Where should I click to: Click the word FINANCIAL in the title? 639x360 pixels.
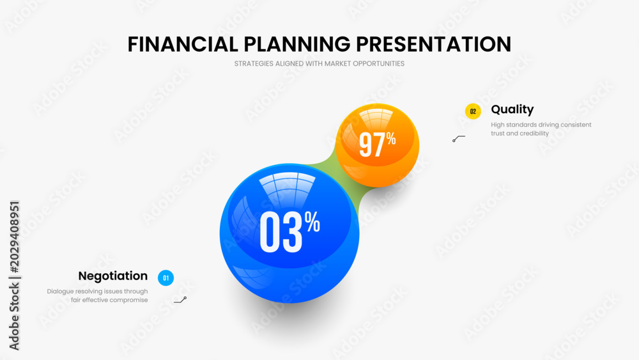pos(183,44)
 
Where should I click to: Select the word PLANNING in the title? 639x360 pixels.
pos(297,44)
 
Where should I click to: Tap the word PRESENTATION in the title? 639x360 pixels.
pos(434,44)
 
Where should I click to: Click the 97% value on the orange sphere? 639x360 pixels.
pos(378,144)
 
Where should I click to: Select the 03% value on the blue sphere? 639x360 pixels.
pos(289,231)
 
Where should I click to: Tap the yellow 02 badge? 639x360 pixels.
pos(473,111)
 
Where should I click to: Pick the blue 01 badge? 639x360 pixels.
pos(166,278)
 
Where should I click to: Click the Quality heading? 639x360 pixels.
pos(512,109)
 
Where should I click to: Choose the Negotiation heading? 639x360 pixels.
pos(113,276)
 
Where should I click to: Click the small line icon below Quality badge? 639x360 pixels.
pos(458,139)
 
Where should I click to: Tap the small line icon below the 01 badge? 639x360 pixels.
pos(181,300)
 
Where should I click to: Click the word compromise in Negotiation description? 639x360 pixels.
pos(129,300)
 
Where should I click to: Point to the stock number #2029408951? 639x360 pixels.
pos(14,237)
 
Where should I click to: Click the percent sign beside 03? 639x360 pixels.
pos(312,223)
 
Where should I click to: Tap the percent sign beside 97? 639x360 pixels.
pos(391,139)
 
